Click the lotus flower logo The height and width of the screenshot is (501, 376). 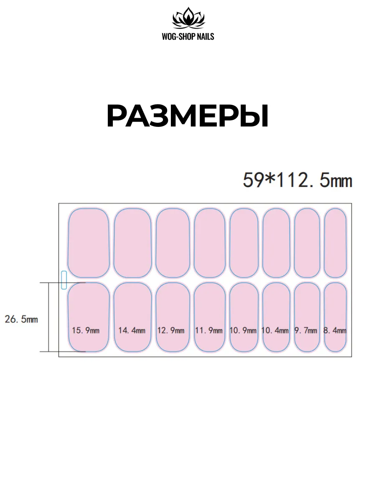pyautogui.click(x=188, y=18)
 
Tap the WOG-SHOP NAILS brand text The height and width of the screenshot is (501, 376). pyautogui.click(x=188, y=36)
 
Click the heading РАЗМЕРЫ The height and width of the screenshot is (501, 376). pyautogui.click(x=188, y=116)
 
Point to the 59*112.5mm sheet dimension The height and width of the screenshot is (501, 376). pyautogui.click(x=297, y=180)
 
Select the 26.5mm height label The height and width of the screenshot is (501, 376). pyautogui.click(x=21, y=319)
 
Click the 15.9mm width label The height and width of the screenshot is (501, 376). pyautogui.click(x=86, y=330)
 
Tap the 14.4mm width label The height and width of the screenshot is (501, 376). pyautogui.click(x=132, y=330)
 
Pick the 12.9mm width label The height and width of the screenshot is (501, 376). pyautogui.click(x=171, y=330)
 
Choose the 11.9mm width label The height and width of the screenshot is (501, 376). pyautogui.click(x=208, y=330)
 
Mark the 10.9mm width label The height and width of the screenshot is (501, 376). pyautogui.click(x=243, y=330)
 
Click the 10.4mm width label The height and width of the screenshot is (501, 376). pyautogui.click(x=275, y=330)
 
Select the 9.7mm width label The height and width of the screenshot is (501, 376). pyautogui.click(x=306, y=330)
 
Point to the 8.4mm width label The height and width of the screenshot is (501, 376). pyautogui.click(x=335, y=330)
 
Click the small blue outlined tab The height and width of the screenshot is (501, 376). pyautogui.click(x=64, y=280)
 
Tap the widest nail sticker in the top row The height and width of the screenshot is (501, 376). pyautogui.click(x=89, y=243)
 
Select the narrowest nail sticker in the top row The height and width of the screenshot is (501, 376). pyautogui.click(x=335, y=243)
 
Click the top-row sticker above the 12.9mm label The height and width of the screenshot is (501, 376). pyautogui.click(x=173, y=243)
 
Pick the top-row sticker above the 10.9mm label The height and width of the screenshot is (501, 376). pyautogui.click(x=244, y=243)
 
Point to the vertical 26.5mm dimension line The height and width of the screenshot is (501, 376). pyautogui.click(x=48, y=317)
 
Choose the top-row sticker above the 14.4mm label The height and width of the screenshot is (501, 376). pyautogui.click(x=132, y=243)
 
